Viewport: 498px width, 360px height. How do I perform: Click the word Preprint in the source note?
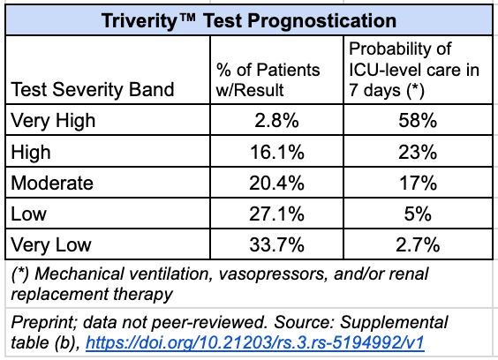pyautogui.click(x=39, y=321)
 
